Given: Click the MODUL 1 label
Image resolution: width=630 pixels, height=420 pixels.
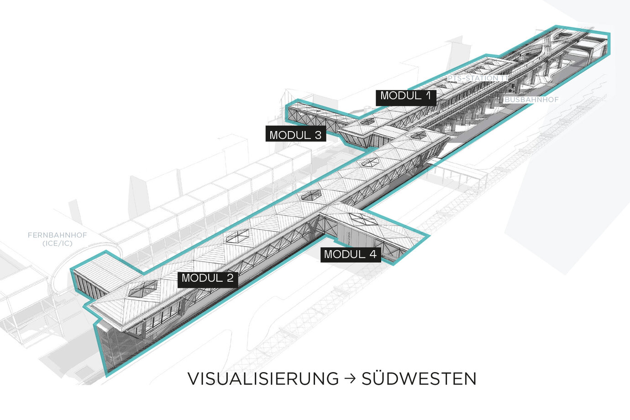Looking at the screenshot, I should click(405, 96).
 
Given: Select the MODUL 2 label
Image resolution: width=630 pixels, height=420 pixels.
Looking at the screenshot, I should click(208, 278).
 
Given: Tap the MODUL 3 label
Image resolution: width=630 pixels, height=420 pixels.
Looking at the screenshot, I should click(295, 135).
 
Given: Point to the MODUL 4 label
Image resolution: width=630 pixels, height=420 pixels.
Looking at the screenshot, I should click(350, 254).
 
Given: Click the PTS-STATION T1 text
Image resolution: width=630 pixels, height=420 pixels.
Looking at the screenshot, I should click(477, 79).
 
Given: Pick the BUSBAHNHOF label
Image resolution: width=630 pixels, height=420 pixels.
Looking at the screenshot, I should click(531, 100).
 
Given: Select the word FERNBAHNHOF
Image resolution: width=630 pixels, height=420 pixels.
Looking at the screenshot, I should click(57, 236).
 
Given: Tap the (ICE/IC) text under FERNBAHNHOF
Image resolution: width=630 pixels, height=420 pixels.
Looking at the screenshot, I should click(57, 244).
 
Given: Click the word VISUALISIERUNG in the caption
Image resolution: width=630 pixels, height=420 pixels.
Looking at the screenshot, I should click(263, 379).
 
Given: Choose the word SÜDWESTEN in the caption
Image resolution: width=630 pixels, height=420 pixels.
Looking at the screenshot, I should click(419, 379).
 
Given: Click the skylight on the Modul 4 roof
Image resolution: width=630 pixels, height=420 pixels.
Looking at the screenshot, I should click(363, 220).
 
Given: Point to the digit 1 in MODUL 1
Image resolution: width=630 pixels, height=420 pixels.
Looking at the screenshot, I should click(428, 96).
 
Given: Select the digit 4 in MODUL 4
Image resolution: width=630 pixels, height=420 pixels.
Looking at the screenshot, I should click(374, 254).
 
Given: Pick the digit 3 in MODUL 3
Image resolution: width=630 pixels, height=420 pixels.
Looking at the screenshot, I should click(317, 135).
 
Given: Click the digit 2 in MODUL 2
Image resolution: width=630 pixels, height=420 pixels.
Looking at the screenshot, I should click(229, 278).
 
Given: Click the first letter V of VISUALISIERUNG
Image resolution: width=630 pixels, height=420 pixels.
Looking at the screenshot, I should click(194, 379).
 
